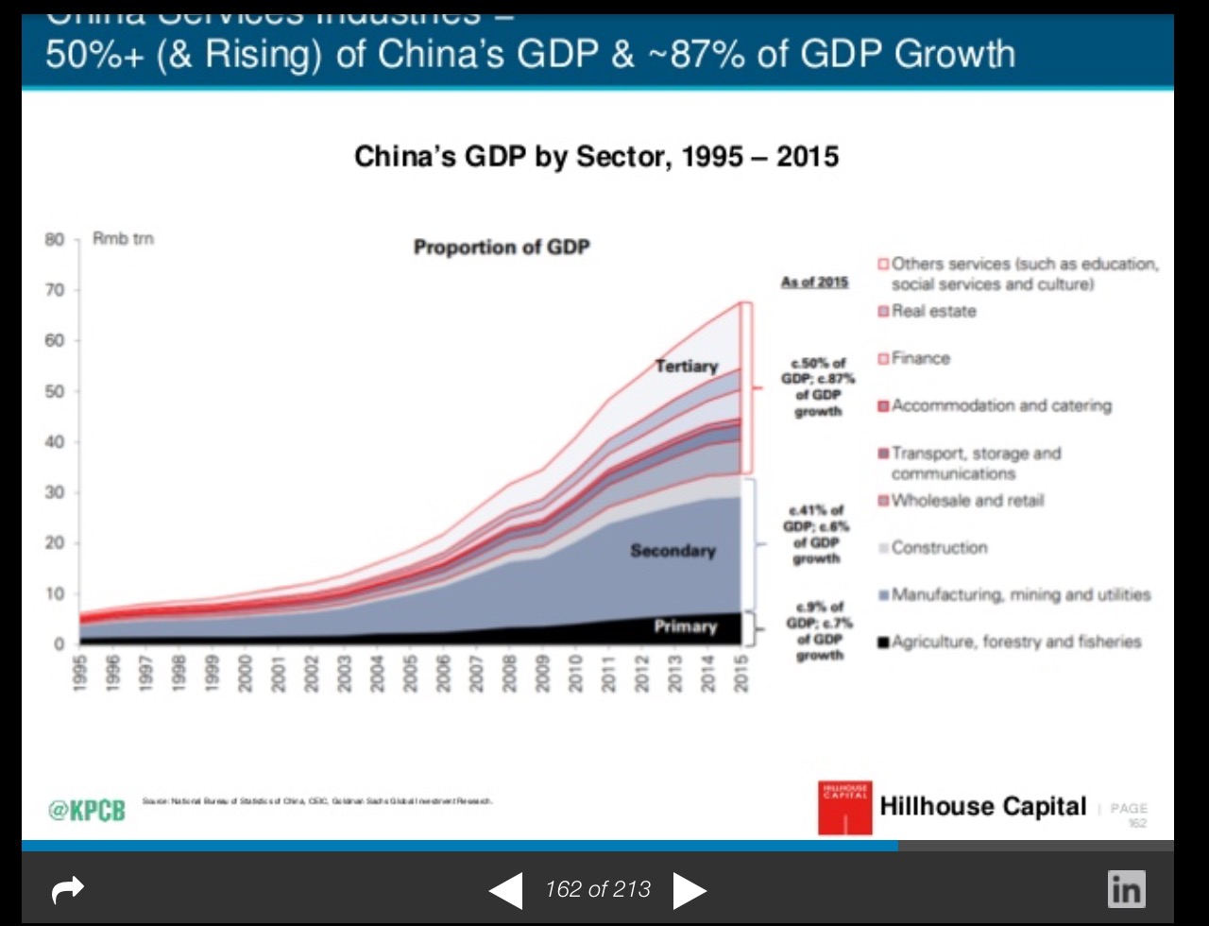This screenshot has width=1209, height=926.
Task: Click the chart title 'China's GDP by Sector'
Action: click(x=596, y=156)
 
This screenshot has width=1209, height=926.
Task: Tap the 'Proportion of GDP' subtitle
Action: click(x=502, y=248)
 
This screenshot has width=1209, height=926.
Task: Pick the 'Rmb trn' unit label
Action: click(x=123, y=239)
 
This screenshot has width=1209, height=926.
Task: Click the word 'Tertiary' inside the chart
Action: click(x=687, y=366)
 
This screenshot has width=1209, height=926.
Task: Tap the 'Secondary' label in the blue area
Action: click(x=673, y=550)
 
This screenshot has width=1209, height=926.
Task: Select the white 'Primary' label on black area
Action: click(x=685, y=626)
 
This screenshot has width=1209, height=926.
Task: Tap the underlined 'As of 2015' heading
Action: click(x=814, y=282)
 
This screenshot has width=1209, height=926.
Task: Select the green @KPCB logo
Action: click(x=86, y=810)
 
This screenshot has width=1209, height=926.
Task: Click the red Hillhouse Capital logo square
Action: click(x=845, y=807)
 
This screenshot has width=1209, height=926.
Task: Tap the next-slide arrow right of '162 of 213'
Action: click(x=690, y=890)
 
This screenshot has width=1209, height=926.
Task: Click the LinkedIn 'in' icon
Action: click(x=1127, y=888)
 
